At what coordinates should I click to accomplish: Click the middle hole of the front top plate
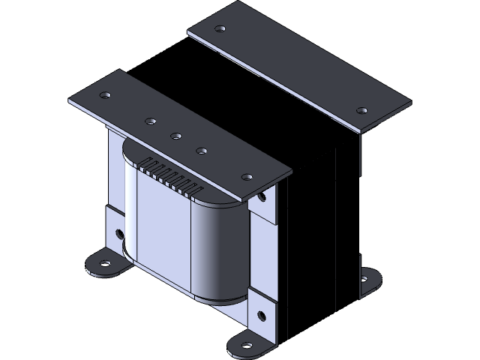(x=175, y=136)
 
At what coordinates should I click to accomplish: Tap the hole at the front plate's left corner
(x=104, y=95)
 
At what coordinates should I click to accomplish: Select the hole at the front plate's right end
(x=247, y=177)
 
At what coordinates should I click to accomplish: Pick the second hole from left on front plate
(x=150, y=121)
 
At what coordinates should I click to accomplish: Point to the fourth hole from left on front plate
(x=202, y=151)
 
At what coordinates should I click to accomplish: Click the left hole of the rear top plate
(x=220, y=29)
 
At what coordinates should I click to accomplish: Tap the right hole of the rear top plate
(x=361, y=110)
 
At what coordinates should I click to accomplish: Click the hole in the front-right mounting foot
(x=247, y=346)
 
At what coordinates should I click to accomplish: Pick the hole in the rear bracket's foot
(x=364, y=279)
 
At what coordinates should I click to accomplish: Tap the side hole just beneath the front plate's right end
(x=262, y=199)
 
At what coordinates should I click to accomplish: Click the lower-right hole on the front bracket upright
(x=261, y=315)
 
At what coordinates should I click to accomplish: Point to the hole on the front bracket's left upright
(x=120, y=233)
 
